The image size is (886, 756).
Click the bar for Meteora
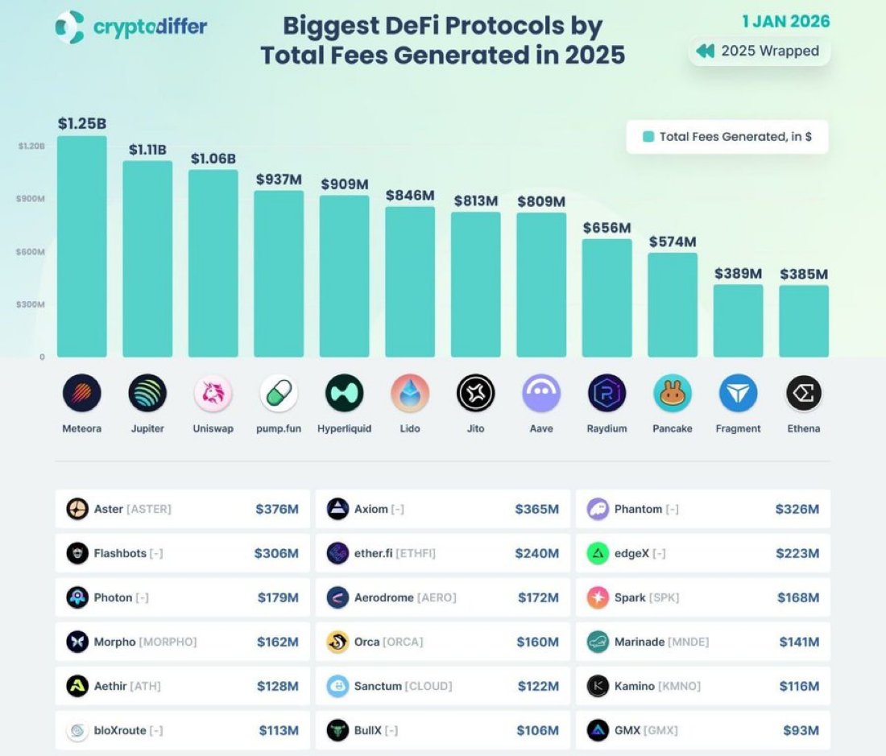click(81, 246)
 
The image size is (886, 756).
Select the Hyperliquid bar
click(344, 276)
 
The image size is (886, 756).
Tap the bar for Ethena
click(803, 321)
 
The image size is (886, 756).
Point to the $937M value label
click(279, 180)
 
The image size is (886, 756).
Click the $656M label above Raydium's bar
click(607, 228)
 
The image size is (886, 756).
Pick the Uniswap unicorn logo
click(213, 394)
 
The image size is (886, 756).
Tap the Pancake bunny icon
click(673, 394)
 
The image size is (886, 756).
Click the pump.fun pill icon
click(279, 394)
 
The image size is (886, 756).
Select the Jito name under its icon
click(475, 428)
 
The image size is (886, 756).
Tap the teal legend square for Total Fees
click(648, 137)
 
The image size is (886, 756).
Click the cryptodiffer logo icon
click(70, 27)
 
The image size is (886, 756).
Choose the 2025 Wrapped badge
click(758, 51)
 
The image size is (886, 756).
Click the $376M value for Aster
click(277, 509)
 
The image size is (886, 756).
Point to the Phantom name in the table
click(638, 509)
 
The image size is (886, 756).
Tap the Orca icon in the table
click(337, 642)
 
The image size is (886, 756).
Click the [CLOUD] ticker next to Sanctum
click(428, 686)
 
